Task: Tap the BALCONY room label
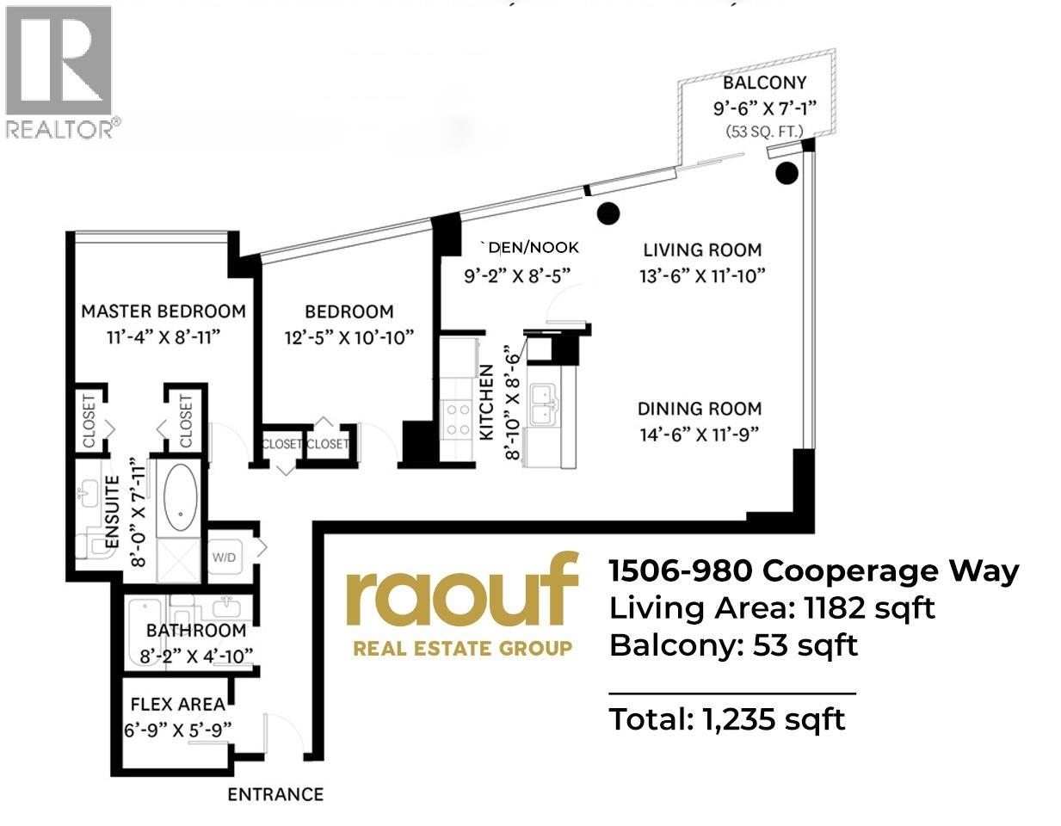coord(764,83)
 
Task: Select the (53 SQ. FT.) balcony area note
coord(764,132)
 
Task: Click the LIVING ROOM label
coord(702,250)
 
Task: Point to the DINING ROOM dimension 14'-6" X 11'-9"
coord(699,435)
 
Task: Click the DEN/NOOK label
coord(534,248)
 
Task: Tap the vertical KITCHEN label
coord(487,403)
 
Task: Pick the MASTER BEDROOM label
coord(163,311)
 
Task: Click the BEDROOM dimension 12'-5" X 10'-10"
coord(349,337)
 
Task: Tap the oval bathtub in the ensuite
coord(180,498)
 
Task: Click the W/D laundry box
coord(224,557)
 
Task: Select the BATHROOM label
coord(196,631)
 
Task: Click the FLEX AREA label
coord(178,705)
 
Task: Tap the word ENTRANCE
coord(275,794)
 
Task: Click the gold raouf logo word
coord(461,589)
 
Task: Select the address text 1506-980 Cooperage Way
coord(813,570)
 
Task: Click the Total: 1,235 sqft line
coord(727,718)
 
